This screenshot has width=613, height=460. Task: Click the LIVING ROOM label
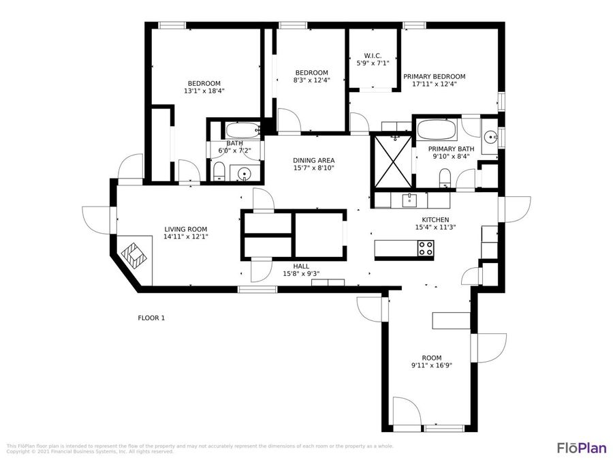(185, 230)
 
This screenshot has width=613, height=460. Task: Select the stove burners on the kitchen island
(425, 249)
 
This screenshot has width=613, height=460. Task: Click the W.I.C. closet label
(373, 56)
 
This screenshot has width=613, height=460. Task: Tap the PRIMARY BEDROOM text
(434, 77)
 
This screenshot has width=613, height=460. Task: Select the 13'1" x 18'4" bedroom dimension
(204, 91)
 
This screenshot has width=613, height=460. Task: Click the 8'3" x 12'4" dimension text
(311, 81)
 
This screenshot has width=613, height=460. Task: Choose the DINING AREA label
(313, 161)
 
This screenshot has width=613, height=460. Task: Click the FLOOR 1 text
(151, 318)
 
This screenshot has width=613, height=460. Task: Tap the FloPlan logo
(581, 448)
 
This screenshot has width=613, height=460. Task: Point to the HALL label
(300, 266)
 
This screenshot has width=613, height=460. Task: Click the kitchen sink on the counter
(409, 199)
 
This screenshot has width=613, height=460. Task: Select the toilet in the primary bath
(445, 179)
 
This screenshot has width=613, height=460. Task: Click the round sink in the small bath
(245, 174)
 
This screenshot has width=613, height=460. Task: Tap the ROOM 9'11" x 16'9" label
(431, 362)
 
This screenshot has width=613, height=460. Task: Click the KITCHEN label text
(435, 219)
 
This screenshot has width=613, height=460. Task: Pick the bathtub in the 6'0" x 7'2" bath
(242, 129)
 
